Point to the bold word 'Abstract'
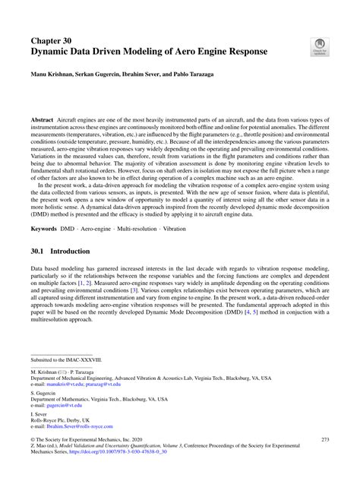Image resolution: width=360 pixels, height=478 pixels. click(42, 120)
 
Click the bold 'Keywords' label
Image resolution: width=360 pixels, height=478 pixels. click(46, 229)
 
